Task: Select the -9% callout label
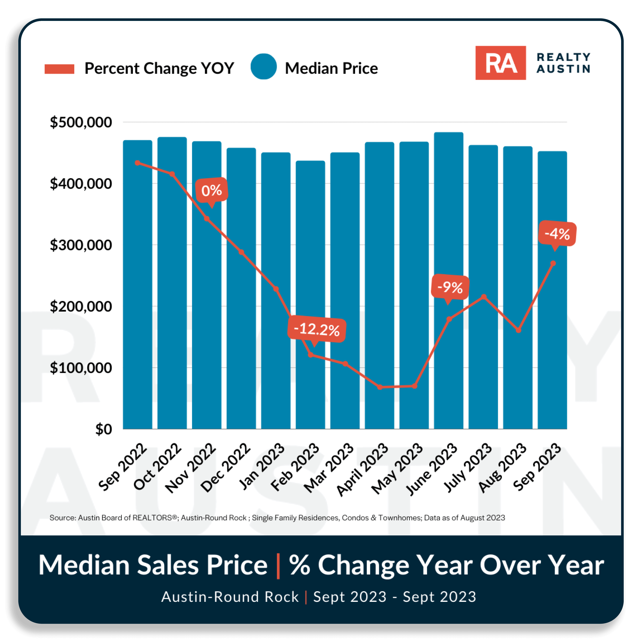tap(450, 287)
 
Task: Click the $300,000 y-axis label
tap(81, 245)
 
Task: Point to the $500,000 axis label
tap(81, 122)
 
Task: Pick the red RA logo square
tap(500, 63)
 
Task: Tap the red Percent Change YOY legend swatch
tap(59, 69)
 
